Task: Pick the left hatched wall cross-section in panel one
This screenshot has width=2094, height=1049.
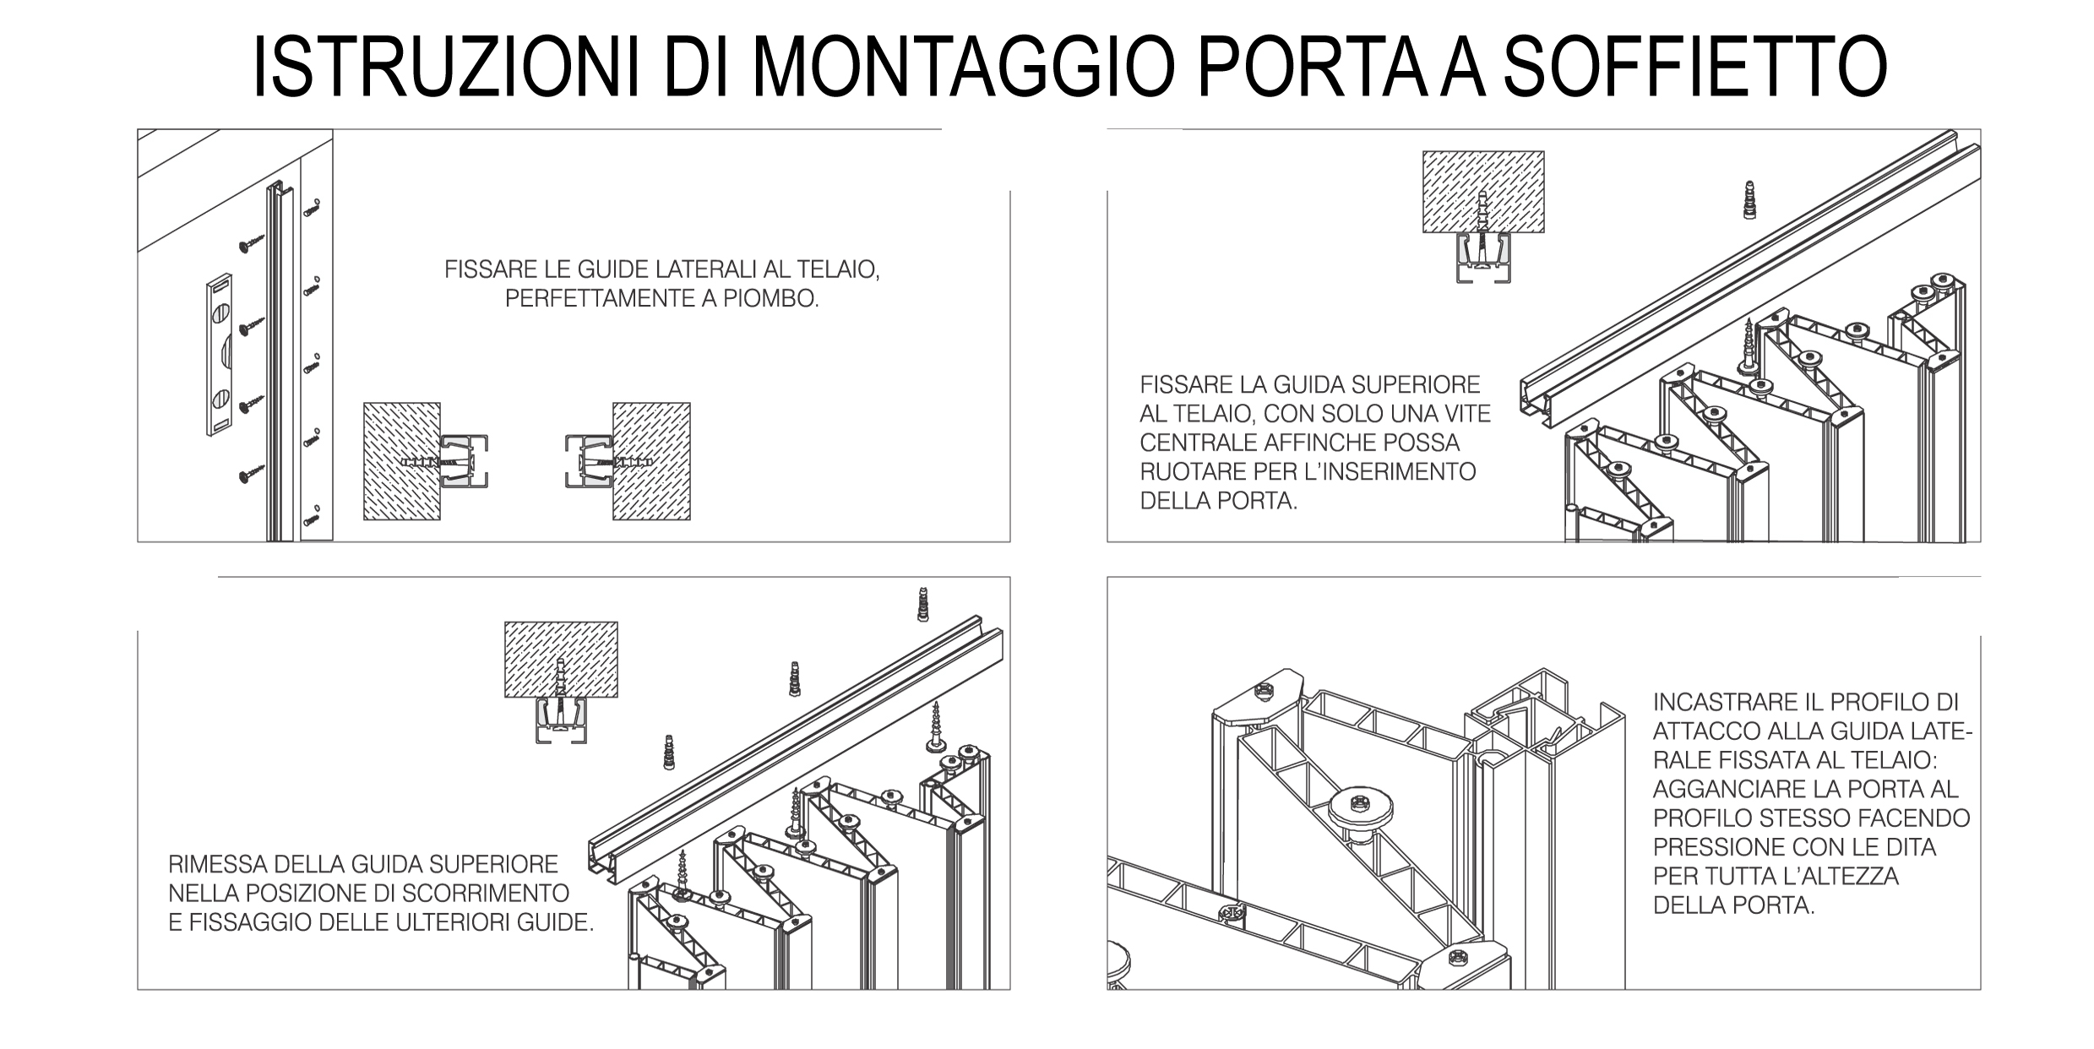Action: (401, 461)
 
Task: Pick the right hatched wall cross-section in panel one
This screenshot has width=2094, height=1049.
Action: (651, 461)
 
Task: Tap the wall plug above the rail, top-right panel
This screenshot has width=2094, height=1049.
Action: (1749, 199)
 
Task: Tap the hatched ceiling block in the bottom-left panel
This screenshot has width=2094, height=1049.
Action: (561, 660)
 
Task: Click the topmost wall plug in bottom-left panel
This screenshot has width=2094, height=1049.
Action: (923, 605)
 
